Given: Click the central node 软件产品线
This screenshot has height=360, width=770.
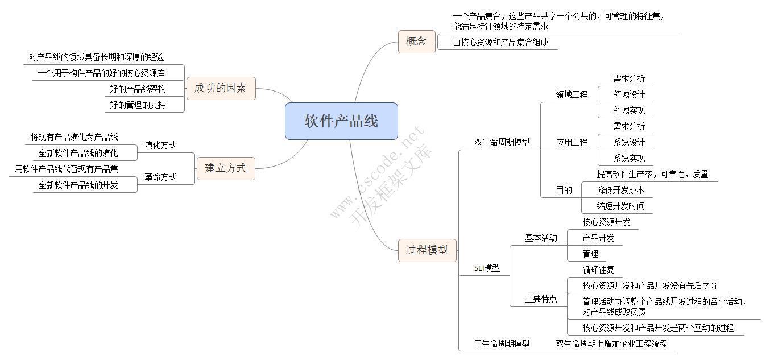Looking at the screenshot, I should pyautogui.click(x=341, y=121).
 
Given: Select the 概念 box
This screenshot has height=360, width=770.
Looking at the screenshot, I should pyautogui.click(x=416, y=42).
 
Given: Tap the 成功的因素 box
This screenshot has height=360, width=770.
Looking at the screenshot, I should pyautogui.click(x=221, y=88).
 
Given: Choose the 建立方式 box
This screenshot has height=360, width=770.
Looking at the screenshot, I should pyautogui.click(x=226, y=168).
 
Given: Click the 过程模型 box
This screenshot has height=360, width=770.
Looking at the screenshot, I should pyautogui.click(x=427, y=250).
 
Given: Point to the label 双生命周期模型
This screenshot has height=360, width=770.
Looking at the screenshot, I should pyautogui.click(x=502, y=142).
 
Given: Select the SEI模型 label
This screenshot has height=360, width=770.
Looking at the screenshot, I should pyautogui.click(x=487, y=268).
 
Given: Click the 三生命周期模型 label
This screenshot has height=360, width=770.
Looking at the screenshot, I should pyautogui.click(x=502, y=344).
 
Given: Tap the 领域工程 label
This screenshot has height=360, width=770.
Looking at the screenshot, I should pyautogui.click(x=572, y=94).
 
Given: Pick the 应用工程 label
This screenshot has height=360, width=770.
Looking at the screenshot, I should pyautogui.click(x=572, y=142).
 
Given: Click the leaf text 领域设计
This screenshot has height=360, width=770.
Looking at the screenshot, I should pyautogui.click(x=629, y=94).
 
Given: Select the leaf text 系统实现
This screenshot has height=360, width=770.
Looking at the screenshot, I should pyautogui.click(x=629, y=158).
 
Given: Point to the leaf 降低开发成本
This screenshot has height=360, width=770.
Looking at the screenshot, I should pyautogui.click(x=620, y=190).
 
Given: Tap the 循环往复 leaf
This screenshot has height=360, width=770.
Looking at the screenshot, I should pyautogui.click(x=598, y=270).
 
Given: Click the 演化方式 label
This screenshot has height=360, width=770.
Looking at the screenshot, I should pyautogui.click(x=160, y=145).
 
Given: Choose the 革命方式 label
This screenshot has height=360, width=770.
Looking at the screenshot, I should pyautogui.click(x=160, y=177).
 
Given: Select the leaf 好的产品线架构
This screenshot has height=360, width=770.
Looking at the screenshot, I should pyautogui.click(x=138, y=89).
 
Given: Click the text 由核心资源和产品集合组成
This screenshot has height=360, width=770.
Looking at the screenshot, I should pyautogui.click(x=500, y=42).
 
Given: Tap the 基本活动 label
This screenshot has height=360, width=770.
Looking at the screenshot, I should pyautogui.click(x=541, y=238).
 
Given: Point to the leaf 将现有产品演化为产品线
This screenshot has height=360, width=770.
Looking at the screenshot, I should pyautogui.click(x=74, y=137).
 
